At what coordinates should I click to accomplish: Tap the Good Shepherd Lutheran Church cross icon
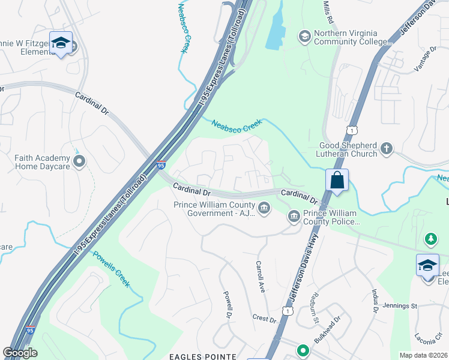[x=387, y=148]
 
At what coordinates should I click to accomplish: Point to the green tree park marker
[x=430, y=239]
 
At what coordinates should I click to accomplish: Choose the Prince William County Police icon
[x=294, y=217]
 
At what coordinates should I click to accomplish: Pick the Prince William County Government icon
[x=265, y=208]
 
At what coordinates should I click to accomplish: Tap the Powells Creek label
[x=111, y=269]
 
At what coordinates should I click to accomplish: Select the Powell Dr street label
[x=228, y=304]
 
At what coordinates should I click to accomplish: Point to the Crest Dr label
[x=264, y=318]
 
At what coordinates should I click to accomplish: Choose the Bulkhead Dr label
[x=331, y=330]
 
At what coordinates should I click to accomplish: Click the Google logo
[x=20, y=353]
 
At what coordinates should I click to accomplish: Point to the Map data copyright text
[x=424, y=355]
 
